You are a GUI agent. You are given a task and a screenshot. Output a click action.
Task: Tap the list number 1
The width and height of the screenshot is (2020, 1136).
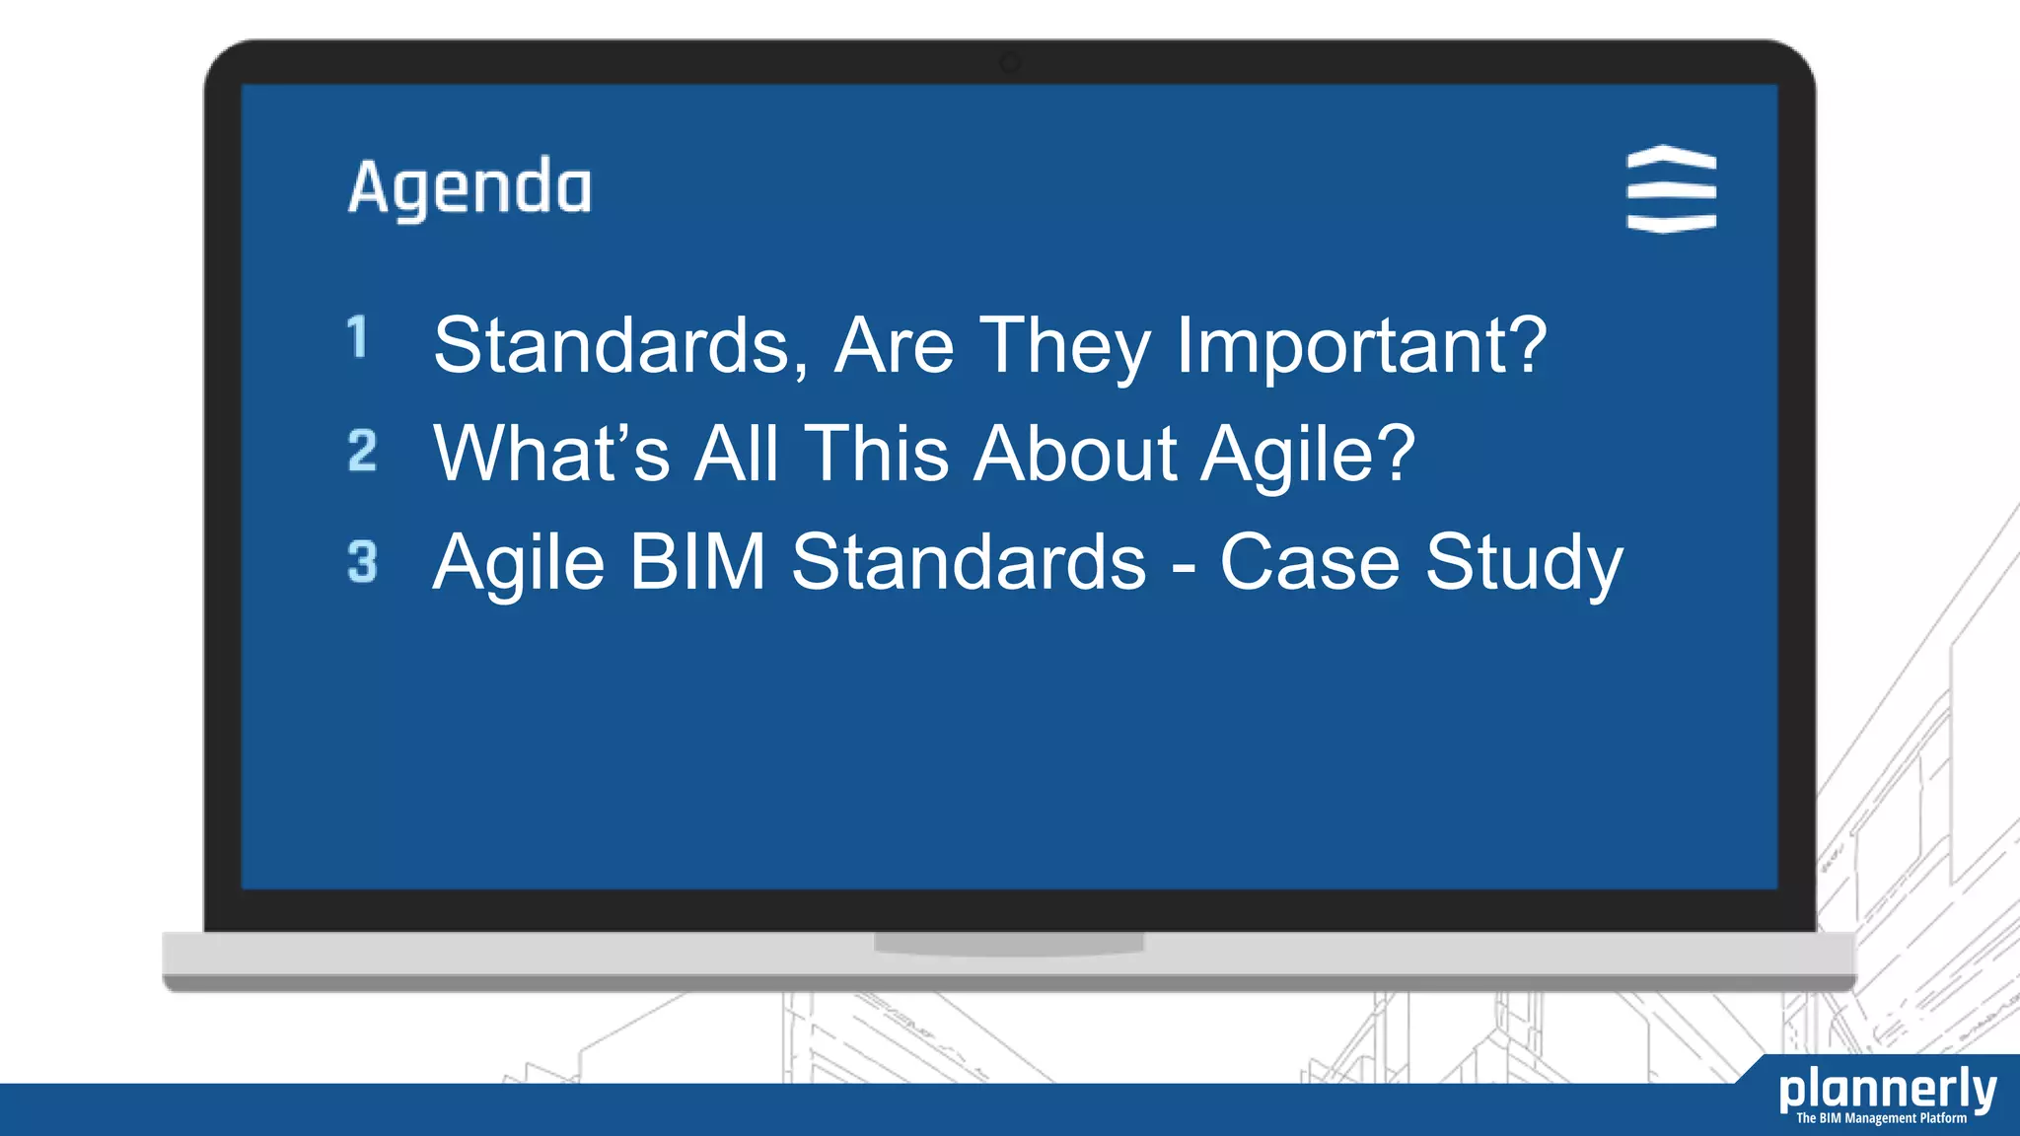click(357, 337)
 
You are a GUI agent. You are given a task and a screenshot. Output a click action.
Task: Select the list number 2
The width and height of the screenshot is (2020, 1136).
click(362, 451)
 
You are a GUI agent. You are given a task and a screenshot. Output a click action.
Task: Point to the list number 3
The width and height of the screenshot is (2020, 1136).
click(362, 562)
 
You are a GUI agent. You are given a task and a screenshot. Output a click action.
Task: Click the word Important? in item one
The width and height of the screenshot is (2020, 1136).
click(1361, 346)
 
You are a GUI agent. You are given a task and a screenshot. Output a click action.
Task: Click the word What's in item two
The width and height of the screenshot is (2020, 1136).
click(551, 454)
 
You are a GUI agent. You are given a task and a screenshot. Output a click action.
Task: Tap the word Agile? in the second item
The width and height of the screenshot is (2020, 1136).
click(1308, 455)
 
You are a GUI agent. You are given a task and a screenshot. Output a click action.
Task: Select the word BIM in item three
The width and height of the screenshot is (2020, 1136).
click(697, 562)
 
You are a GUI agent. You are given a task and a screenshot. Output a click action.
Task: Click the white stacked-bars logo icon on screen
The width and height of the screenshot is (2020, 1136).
click(1671, 189)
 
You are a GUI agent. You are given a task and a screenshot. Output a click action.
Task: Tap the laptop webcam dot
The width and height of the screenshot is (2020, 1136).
click(1010, 63)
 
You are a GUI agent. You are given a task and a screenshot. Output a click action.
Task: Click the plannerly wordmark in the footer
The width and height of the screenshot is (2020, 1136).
click(1887, 1090)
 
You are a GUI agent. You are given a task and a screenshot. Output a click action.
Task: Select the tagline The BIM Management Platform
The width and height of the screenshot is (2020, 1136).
click(1881, 1118)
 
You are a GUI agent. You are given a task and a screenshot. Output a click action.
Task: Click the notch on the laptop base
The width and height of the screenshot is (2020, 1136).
click(1008, 943)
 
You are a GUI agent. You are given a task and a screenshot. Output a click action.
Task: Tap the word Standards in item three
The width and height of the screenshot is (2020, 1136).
click(969, 562)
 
